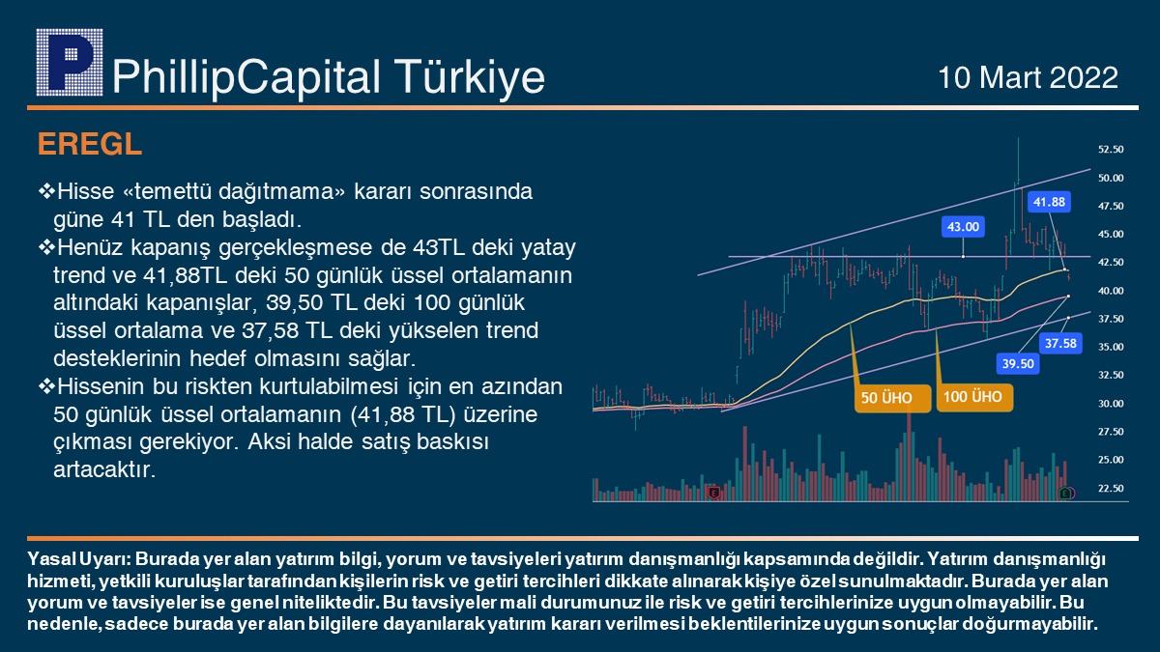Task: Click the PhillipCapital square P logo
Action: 70,63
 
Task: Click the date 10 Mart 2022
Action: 1028,77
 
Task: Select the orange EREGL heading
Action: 90,144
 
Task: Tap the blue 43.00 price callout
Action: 963,227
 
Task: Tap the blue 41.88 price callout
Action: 1049,202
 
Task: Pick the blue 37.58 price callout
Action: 1060,343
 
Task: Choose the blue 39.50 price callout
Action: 1018,364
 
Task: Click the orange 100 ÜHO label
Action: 974,397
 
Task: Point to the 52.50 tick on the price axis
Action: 1111,150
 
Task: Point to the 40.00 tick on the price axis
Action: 1111,291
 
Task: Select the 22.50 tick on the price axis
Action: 1111,489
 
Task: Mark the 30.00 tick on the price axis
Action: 1111,404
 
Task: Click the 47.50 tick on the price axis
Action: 1111,206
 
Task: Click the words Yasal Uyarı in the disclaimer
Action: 80,559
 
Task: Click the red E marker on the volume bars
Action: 713,493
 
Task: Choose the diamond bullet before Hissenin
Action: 46,386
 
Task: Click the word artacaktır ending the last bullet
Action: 104,469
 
